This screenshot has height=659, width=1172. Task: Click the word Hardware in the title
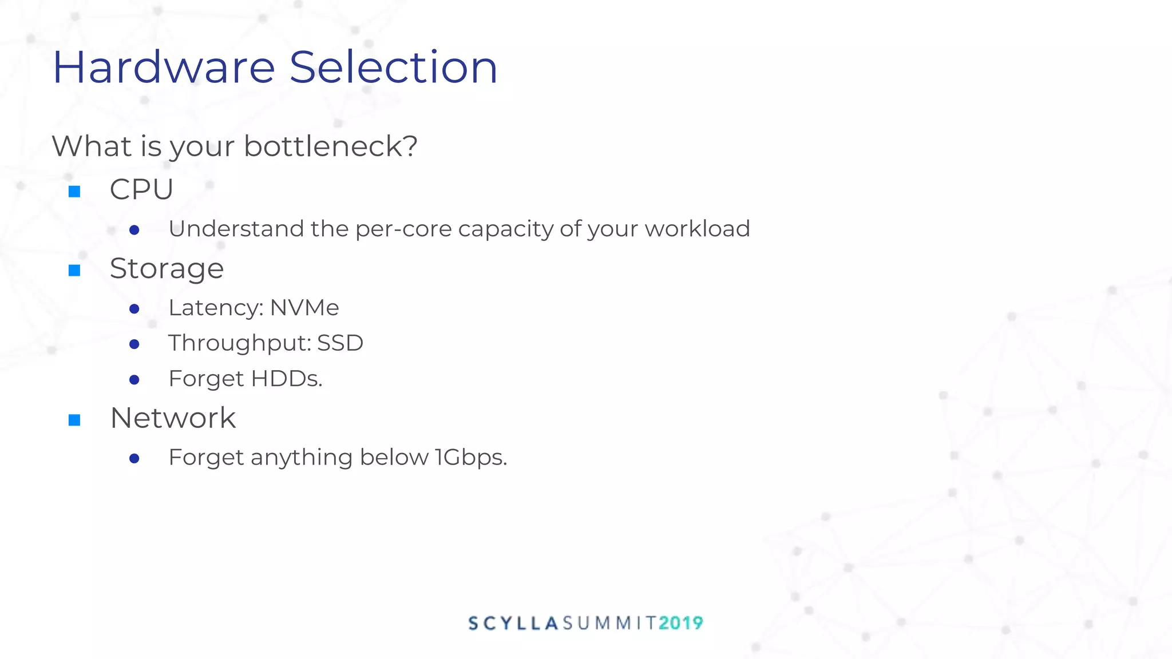164,68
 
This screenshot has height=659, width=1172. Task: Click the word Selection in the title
393,68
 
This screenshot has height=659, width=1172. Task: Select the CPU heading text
141,189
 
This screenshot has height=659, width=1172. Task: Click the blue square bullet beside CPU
74,191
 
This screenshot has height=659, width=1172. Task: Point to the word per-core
403,229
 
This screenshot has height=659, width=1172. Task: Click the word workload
697,229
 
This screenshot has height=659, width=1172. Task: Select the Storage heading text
167,269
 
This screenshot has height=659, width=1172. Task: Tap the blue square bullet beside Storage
74,270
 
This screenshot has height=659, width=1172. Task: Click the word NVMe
304,308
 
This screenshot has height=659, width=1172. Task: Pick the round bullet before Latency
134,309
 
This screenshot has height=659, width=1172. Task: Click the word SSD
340,343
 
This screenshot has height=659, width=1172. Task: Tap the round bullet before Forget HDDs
134,380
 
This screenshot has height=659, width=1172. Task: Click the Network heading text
173,418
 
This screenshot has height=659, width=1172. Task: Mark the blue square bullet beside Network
74,420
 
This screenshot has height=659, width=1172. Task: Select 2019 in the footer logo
680,623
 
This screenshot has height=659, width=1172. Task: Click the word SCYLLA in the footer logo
513,623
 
